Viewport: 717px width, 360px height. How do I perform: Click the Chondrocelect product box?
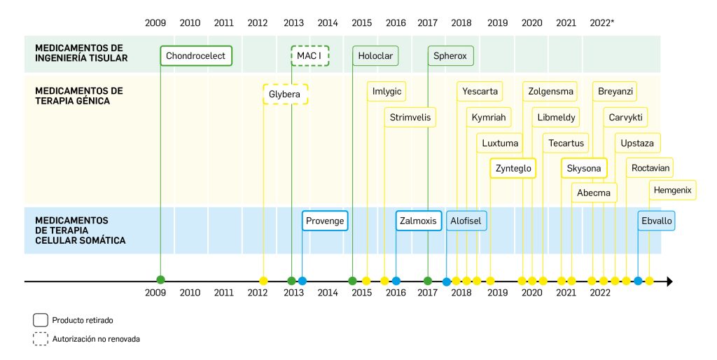click(195, 55)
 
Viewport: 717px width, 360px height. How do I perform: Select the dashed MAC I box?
click(309, 55)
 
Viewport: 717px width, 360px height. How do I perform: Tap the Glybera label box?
click(285, 94)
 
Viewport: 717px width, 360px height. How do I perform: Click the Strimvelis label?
click(410, 117)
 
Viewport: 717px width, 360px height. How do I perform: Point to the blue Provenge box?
click(325, 221)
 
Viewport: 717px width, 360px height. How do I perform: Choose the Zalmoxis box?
click(418, 221)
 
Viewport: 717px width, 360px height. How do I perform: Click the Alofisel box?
click(466, 221)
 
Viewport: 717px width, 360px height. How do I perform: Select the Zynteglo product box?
click(513, 169)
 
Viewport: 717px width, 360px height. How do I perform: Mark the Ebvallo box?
click(656, 221)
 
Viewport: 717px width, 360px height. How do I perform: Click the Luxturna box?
click(501, 144)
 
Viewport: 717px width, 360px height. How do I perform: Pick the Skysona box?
click(584, 169)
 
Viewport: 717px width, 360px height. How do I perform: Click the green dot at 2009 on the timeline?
click(161, 281)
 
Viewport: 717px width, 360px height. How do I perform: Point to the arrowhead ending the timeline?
click(669, 282)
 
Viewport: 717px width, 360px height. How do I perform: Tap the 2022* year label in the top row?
click(601, 23)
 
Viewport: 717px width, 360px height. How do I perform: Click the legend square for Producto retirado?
click(40, 320)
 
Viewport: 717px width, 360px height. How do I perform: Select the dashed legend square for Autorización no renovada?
click(40, 339)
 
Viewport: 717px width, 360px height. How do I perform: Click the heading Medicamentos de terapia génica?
click(78, 96)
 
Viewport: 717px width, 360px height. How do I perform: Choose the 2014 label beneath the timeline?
click(328, 293)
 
